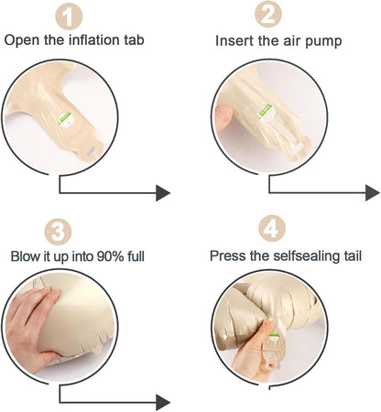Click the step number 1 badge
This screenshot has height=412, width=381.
coord(69,16)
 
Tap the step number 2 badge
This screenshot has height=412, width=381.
coord(268,14)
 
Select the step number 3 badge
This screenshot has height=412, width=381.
coord(58,232)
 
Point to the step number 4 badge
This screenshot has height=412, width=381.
coord(272,228)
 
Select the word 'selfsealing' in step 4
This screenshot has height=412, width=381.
coord(306,255)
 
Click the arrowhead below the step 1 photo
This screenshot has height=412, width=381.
coord(163,193)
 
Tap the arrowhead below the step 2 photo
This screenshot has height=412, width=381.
coord(373,192)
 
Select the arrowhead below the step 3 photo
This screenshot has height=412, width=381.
coord(163,403)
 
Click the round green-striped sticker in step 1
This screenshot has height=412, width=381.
coord(65,118)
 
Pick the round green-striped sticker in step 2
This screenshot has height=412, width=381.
coord(266,113)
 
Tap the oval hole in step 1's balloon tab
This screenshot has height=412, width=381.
coord(92,150)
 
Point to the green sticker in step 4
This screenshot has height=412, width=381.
coord(275,337)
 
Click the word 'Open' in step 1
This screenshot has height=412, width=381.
coord(22,40)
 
